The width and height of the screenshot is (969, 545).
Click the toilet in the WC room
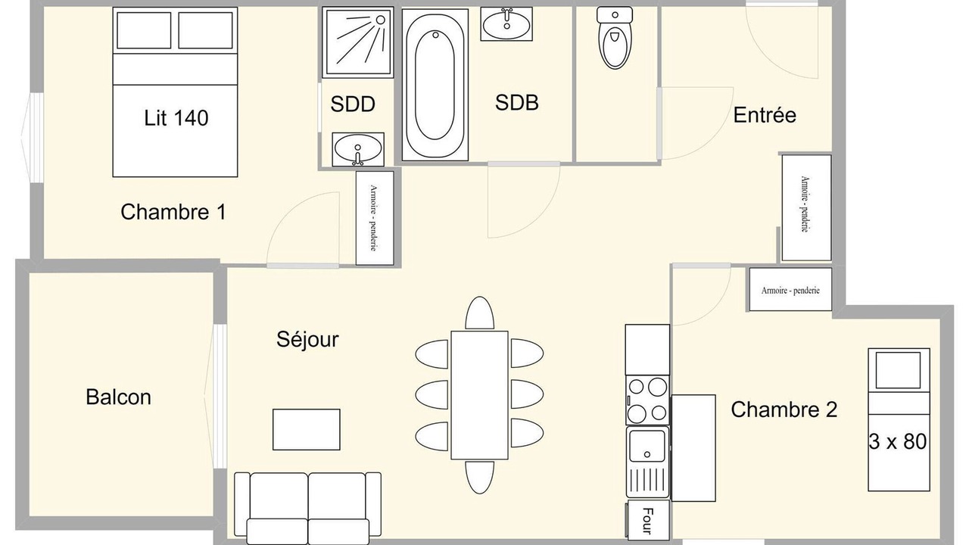[614, 38]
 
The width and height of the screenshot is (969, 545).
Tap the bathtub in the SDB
[435, 85]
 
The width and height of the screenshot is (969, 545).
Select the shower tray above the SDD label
[358, 42]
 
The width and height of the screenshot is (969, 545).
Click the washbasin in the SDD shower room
[358, 149]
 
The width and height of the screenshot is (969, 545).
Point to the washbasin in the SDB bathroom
[506, 24]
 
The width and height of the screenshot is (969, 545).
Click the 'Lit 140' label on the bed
[176, 117]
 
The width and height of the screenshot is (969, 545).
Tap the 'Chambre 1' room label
[173, 212]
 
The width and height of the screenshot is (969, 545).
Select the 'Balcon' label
[119, 397]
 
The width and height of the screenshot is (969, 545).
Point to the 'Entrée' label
[765, 114]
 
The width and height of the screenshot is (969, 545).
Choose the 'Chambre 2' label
[784, 410]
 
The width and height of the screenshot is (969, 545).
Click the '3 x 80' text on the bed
[898, 441]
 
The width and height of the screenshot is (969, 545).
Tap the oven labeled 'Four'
[647, 521]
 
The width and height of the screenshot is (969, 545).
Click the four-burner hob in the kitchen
[647, 400]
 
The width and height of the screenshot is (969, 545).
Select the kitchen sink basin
[647, 446]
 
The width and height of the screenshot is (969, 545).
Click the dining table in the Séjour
[479, 395]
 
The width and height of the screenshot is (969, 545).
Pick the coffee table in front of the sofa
[307, 429]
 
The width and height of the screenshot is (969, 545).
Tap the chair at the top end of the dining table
[479, 313]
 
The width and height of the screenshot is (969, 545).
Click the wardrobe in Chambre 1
[375, 218]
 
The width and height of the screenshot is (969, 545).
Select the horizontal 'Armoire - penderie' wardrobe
[790, 289]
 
